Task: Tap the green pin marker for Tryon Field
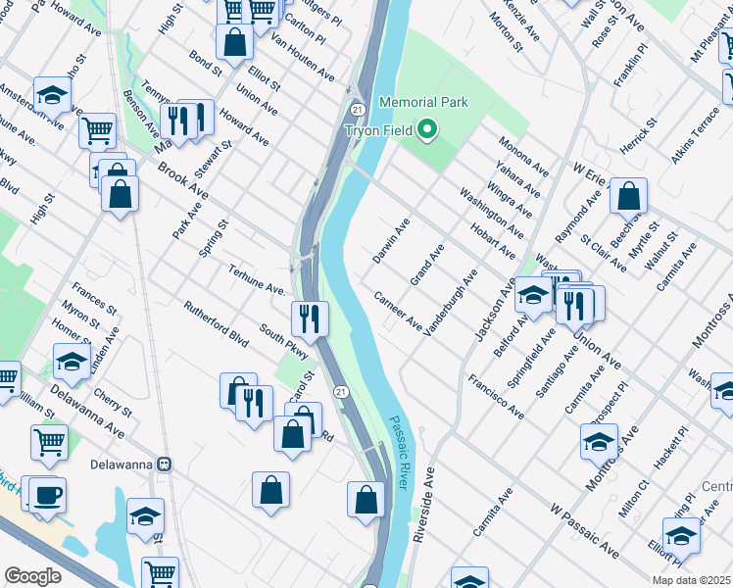tap(426, 129)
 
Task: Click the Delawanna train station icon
tap(166, 463)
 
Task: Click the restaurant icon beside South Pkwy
tap(308, 317)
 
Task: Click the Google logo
tap(32, 576)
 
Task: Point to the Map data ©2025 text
tap(690, 580)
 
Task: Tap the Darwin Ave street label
tap(391, 243)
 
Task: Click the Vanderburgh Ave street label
tap(450, 303)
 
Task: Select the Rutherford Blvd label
tap(216, 320)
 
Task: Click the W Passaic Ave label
tap(584, 531)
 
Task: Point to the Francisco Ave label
tap(495, 396)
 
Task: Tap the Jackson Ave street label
tap(495, 311)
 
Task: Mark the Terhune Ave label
tap(257, 279)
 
